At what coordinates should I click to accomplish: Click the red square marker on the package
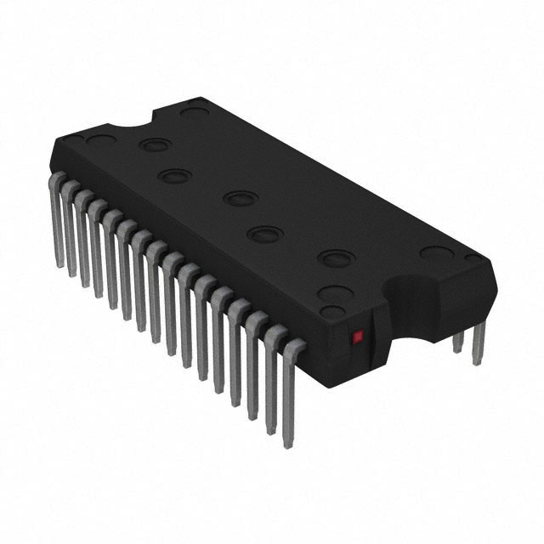[x=358, y=336]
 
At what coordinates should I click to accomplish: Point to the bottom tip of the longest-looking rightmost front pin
[x=287, y=444]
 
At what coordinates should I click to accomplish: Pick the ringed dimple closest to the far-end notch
[x=155, y=144]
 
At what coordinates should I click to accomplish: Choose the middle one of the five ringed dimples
[x=241, y=199]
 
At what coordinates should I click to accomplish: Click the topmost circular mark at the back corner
[x=195, y=110]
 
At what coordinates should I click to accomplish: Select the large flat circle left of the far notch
[x=99, y=140]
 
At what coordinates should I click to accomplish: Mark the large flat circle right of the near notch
[x=435, y=253]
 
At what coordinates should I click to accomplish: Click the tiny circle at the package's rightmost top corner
[x=474, y=258]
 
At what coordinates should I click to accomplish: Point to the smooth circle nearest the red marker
[x=335, y=294]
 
